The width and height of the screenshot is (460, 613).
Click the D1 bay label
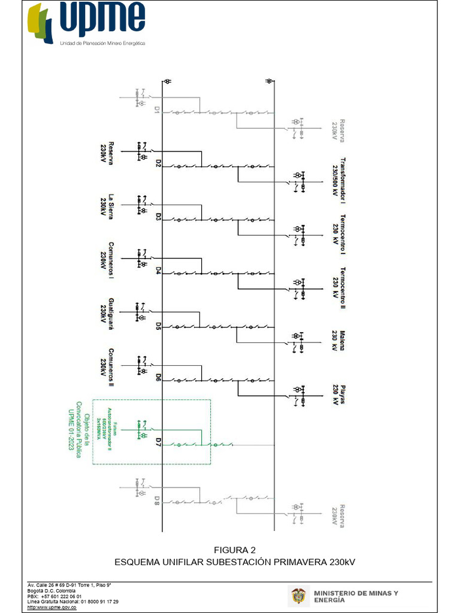158,110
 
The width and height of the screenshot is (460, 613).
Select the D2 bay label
158,163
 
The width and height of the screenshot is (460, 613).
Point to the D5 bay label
158,326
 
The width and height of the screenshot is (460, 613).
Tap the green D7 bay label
158,442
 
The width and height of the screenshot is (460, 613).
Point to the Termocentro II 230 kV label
340,288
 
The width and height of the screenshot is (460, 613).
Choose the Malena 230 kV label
339,341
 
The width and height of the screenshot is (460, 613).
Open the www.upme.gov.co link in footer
52,607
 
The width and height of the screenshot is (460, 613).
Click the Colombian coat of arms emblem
297,596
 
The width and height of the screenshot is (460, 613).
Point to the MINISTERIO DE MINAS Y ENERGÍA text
356,596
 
